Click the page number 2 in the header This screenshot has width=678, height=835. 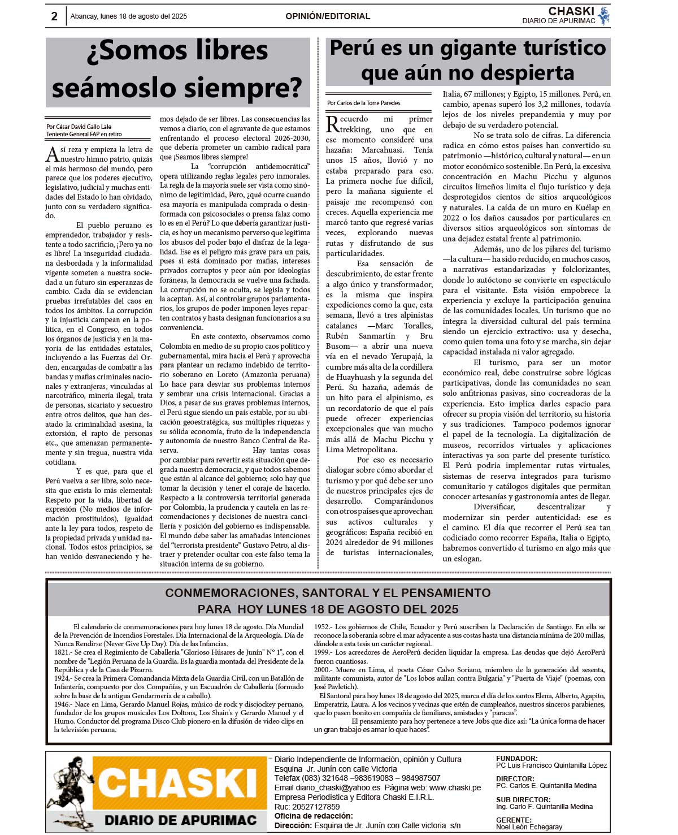point(54,16)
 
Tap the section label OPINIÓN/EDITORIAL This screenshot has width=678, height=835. point(328,16)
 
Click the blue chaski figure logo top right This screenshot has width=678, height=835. point(603,16)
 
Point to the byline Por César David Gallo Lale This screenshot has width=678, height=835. point(79,127)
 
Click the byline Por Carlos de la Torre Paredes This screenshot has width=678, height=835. point(364,103)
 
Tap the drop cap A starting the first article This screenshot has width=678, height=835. point(51,153)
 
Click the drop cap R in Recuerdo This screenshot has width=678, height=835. point(332,123)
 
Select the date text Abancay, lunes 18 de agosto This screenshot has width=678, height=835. point(128,16)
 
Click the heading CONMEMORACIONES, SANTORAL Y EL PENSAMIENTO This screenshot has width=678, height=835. point(328,593)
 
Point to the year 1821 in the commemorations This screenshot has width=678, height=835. point(62,652)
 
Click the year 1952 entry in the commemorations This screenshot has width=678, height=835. point(323,627)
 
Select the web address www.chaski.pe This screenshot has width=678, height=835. point(455,788)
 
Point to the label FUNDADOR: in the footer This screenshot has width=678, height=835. point(516,759)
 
